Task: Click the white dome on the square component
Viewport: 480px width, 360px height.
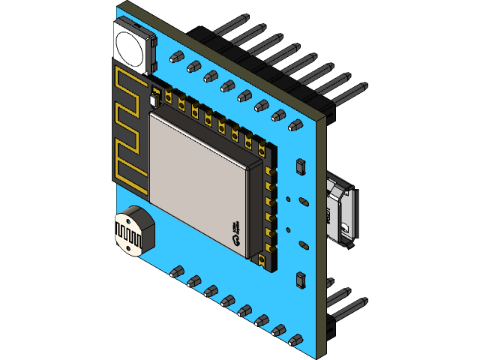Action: coord(130,44)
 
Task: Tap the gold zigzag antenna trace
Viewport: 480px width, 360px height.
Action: coord(128,127)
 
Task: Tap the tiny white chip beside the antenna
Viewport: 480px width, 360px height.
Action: coord(155,100)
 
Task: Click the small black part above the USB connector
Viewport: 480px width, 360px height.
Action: coord(301,166)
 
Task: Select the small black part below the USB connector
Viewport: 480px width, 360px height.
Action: coord(300,280)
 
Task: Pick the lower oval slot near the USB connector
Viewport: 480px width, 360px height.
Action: coord(301,245)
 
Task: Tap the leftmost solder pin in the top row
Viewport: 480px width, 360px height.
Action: coord(177,56)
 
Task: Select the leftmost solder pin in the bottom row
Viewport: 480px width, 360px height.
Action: coord(178,270)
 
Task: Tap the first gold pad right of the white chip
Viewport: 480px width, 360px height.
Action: coord(169,96)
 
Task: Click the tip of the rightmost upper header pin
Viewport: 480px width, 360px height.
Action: coord(363,88)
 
